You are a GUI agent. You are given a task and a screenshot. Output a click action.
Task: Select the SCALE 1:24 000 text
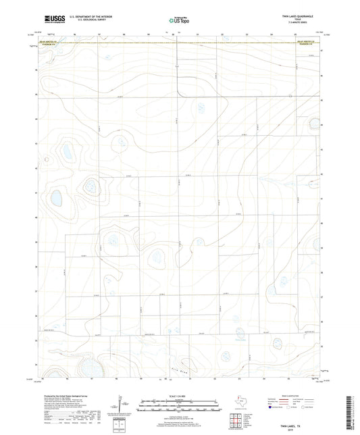180,395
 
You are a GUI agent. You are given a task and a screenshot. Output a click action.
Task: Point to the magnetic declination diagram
120,405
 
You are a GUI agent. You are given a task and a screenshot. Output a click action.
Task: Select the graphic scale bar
180,403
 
